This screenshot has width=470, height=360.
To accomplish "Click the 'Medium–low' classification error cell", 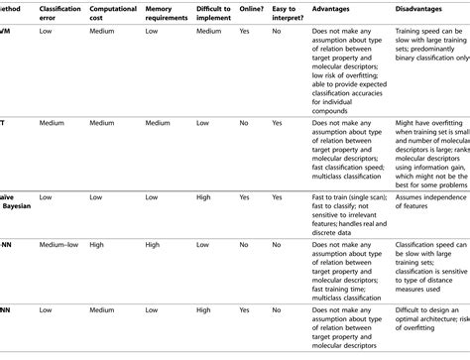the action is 61,243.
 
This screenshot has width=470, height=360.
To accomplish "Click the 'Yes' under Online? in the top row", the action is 245,59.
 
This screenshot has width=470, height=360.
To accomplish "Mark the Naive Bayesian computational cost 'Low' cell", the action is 97,197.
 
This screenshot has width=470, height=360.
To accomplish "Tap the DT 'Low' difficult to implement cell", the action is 202,124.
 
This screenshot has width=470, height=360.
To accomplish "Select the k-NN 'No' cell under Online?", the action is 244,243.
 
